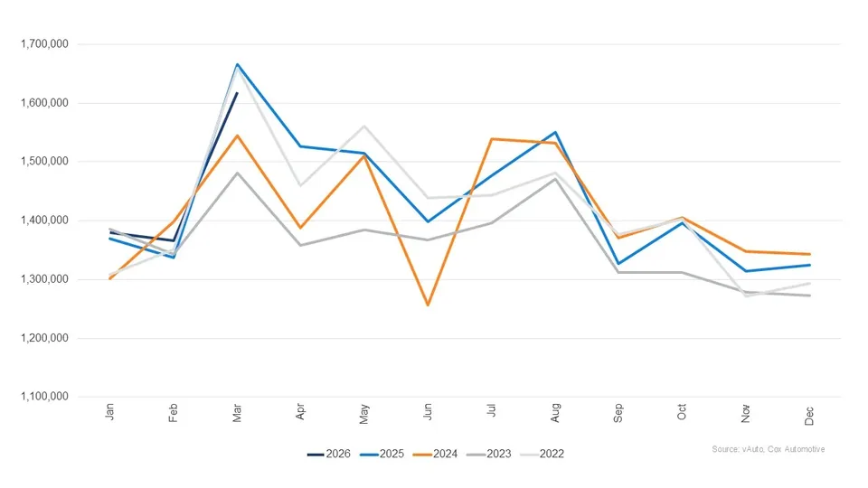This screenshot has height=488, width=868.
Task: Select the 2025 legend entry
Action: [x=392, y=454]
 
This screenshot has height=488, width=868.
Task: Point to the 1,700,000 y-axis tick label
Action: [x=43, y=44]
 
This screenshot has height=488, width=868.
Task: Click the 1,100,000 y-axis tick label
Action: [x=43, y=397]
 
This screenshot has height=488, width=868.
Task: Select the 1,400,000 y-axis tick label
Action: [x=43, y=221]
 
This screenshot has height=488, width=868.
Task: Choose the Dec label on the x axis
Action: [x=809, y=413]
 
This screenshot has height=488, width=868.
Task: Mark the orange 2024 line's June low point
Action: [x=428, y=305]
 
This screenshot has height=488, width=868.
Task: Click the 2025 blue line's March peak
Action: [x=237, y=64]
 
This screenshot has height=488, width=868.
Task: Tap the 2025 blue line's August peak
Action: [x=555, y=132]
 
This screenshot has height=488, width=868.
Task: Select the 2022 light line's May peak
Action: [x=364, y=127]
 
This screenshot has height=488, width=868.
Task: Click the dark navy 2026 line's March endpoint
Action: [x=237, y=93]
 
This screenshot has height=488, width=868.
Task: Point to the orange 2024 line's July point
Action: [x=491, y=139]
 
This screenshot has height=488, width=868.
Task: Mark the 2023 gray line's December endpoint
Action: [x=809, y=296]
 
